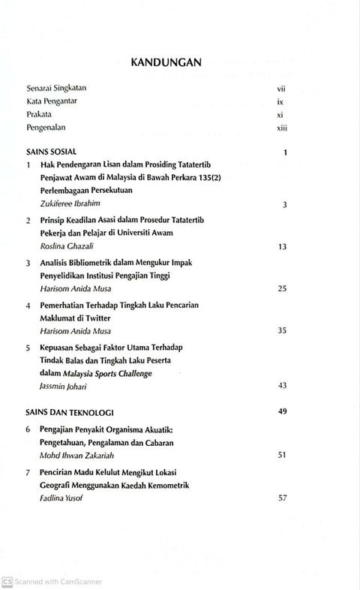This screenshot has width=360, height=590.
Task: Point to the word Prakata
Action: (41, 115)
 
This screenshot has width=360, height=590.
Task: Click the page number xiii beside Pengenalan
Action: (281, 128)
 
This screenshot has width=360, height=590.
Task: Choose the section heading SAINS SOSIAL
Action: (52, 152)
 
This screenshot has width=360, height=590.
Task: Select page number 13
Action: (283, 246)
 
